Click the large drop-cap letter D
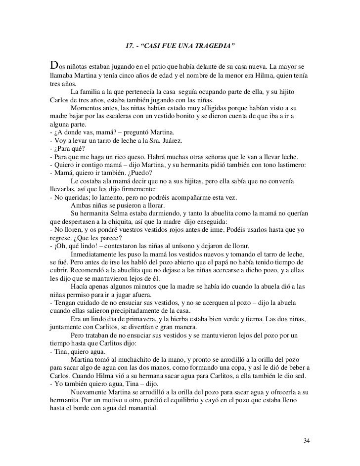click(54, 66)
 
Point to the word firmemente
click(136, 189)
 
